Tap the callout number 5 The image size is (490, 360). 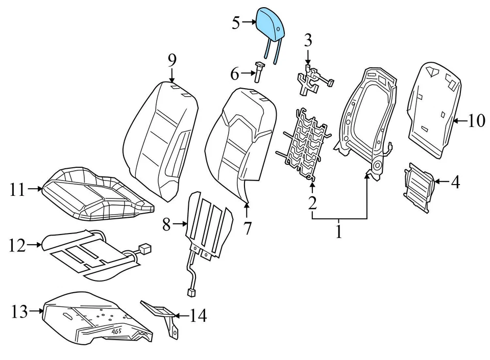[236, 23]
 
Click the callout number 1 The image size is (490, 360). [338, 233]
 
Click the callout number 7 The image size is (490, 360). [248, 228]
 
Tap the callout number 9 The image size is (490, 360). [172, 61]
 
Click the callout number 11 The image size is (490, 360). [17, 190]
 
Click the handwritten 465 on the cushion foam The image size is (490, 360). [118, 330]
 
